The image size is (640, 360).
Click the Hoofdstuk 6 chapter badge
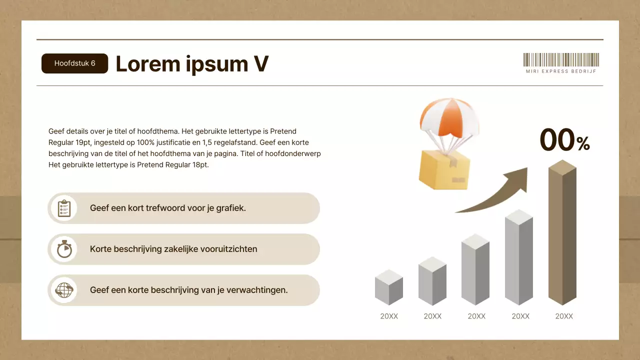[75, 63]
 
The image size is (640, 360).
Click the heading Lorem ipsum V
[192, 64]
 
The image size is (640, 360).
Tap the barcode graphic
[561, 59]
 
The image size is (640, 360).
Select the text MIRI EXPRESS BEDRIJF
[561, 71]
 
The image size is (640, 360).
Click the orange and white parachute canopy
[449, 117]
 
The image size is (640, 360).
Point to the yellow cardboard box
[444, 170]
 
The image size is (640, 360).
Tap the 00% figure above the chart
[565, 140]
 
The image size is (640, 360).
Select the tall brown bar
[562, 232]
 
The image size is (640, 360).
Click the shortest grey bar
[389, 287]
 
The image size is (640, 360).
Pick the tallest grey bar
[519, 257]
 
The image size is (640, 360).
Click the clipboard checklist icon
[64, 208]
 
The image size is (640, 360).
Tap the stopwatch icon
[64, 249]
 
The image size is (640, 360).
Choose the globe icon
[64, 290]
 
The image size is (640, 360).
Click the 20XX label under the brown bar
[564, 316]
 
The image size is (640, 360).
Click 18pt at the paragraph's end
[201, 165]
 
